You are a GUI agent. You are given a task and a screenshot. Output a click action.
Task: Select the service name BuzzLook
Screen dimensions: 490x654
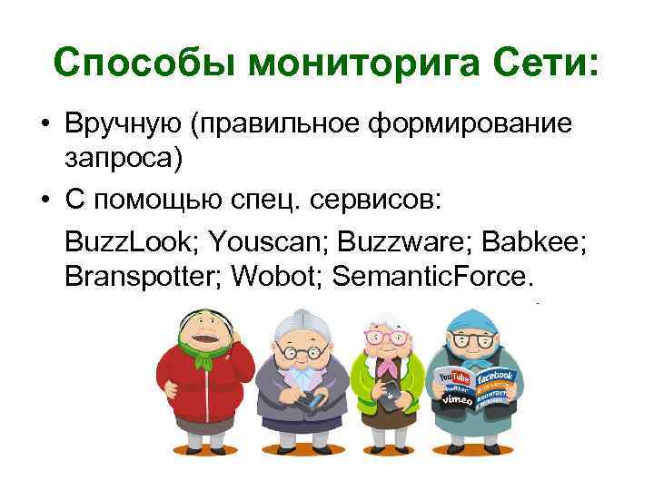point(133,242)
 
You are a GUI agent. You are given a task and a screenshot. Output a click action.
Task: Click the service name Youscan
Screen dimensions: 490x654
point(263,242)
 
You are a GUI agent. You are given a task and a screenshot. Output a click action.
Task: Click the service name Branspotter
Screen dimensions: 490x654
point(142,276)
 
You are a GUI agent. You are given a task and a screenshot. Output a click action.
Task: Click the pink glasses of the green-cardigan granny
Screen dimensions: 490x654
point(387,337)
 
